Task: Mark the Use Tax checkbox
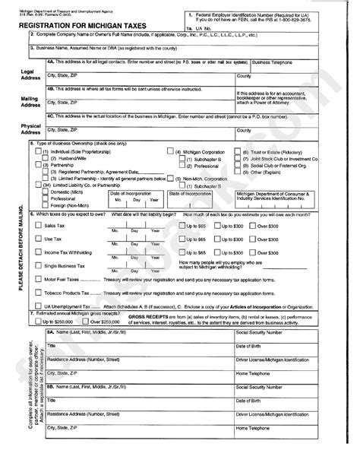(39, 239)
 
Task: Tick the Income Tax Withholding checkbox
(39, 252)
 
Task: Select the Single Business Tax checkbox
(39, 265)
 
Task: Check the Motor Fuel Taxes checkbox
(39, 279)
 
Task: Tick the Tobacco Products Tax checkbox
(39, 292)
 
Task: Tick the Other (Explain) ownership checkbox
(237, 173)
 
